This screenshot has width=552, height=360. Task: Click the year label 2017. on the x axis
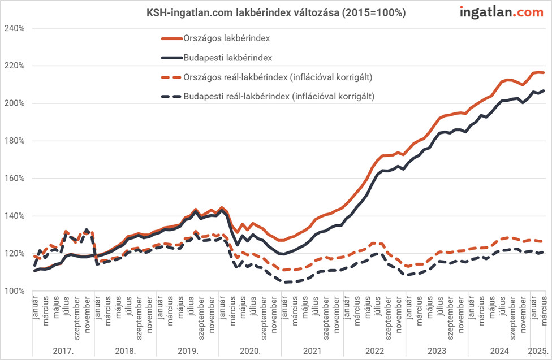tap(63, 350)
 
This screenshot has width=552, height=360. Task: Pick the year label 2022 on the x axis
tap(374, 350)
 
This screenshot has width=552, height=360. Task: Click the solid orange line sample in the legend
tap(170, 38)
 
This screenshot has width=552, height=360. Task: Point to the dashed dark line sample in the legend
tap(170, 96)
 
